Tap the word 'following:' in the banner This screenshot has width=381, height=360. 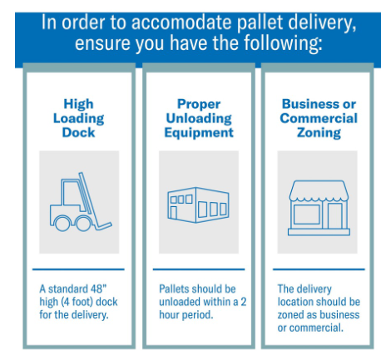coord(283,44)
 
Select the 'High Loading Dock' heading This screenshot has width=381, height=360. coord(79,118)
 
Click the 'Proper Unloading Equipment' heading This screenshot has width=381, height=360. coord(199,118)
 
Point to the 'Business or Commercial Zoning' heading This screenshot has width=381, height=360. coord(319,118)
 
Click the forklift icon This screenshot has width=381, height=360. coord(81,202)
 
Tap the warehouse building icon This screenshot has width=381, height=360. coord(198,205)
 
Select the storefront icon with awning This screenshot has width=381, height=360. coord(319,208)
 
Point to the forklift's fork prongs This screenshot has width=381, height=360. coord(103,226)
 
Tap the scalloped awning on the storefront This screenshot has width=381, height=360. coord(319,191)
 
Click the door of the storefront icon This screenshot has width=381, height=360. coord(335,216)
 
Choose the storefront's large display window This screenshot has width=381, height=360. coord(307,215)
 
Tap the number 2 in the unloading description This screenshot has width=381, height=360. coord(244,302)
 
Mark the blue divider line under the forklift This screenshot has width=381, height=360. coord(78,269)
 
